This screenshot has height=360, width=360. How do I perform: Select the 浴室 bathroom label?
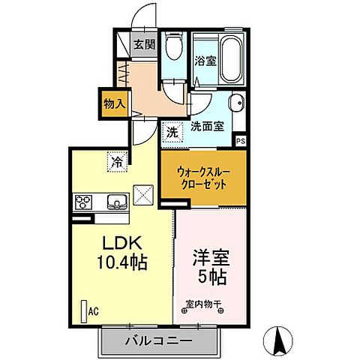tap(206, 61)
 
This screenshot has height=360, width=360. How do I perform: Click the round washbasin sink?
tap(234, 104)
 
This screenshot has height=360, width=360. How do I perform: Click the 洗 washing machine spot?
tap(172, 130)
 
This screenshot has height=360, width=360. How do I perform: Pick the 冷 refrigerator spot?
tap(117, 160)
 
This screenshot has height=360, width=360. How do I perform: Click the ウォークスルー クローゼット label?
tap(203, 177)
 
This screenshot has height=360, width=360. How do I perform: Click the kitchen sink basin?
tap(118, 202)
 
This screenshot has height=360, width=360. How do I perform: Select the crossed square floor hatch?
tap(142, 193)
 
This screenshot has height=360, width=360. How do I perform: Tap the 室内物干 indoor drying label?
tap(205, 305)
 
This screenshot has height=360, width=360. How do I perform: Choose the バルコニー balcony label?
tap(160, 341)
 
